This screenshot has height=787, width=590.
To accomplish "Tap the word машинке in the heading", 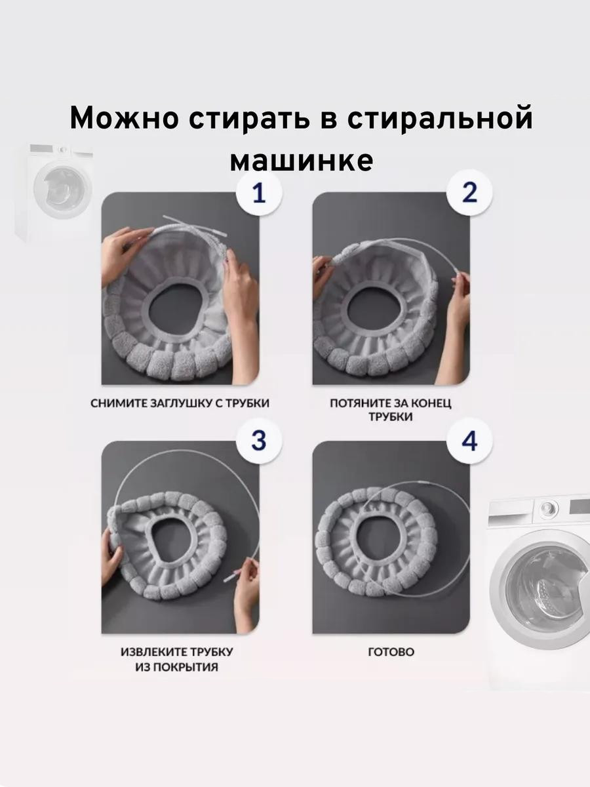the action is pos(302,161).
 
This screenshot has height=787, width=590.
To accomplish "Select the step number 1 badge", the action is pos(259,193).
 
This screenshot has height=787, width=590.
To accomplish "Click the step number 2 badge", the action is pos(469,193).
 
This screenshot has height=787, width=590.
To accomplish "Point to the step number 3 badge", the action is pos(259,441).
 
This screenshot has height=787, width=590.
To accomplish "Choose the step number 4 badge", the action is pos(469,441).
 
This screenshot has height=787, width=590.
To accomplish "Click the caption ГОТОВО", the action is pos(391,652).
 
